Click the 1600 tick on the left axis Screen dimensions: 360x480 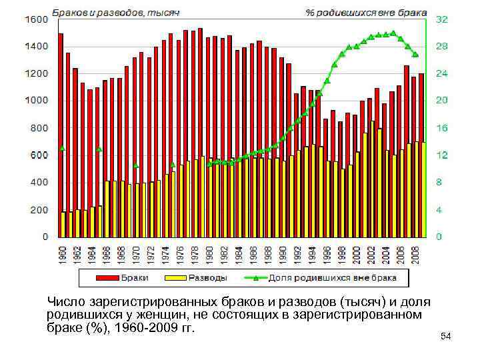click(x=37, y=19)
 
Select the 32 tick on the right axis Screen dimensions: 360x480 click(x=441, y=20)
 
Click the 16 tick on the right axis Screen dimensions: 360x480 click(x=441, y=128)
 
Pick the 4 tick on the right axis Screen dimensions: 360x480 click(x=439, y=210)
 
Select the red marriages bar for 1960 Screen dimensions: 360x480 click(x=61, y=120)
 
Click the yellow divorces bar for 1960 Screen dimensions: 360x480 click(x=64, y=224)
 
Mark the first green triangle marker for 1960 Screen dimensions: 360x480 click(x=62, y=148)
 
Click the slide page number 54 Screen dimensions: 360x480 click(x=446, y=337)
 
